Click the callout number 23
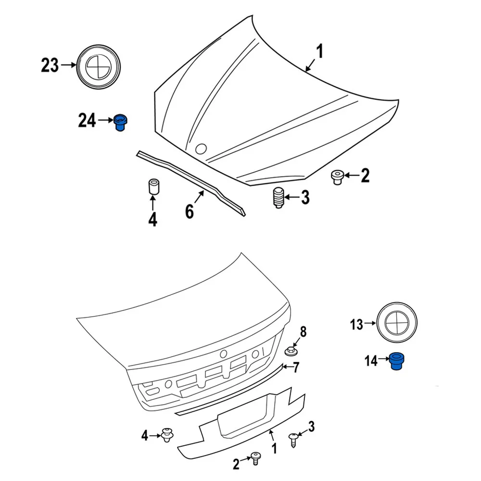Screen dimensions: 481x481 tap(50, 65)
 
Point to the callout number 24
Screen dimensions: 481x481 tap(87, 120)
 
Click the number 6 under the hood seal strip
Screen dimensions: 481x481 tap(190, 211)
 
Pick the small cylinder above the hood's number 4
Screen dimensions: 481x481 tap(153, 186)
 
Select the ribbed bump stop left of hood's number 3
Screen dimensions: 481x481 tap(278, 198)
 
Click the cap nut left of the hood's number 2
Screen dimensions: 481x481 tap(337, 177)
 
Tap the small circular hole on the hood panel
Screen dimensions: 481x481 tap(201, 149)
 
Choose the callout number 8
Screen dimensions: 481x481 tap(303, 331)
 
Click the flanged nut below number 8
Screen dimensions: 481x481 tap(291, 351)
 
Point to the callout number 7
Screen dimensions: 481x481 tap(296, 368)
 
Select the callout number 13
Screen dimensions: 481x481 tap(356, 325)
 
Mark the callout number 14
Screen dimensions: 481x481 tap(371, 360)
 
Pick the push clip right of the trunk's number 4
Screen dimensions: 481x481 tap(168, 434)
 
